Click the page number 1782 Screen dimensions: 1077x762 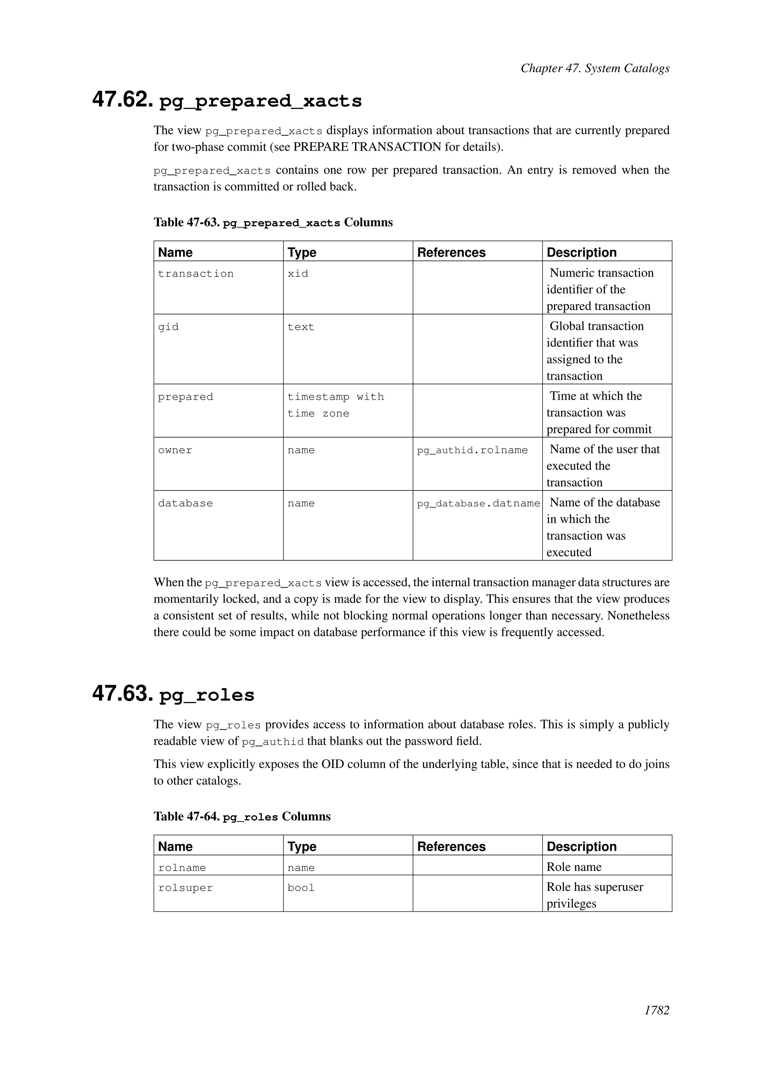point(656,1023)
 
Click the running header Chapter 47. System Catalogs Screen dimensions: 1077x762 point(595,68)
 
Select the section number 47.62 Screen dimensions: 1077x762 point(122,99)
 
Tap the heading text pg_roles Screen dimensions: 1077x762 point(206,695)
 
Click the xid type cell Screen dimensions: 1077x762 point(298,273)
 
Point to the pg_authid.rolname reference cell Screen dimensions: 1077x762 point(472,450)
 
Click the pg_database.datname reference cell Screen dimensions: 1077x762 point(478,503)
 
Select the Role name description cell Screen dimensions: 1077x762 point(573,867)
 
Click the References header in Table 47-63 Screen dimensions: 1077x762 point(451,253)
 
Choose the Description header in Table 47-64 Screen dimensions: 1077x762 point(581,847)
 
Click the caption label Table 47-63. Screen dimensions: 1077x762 point(187,222)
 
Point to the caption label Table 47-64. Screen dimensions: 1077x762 point(187,817)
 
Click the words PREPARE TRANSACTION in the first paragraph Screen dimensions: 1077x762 point(367,147)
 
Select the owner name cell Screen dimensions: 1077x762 point(175,450)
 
